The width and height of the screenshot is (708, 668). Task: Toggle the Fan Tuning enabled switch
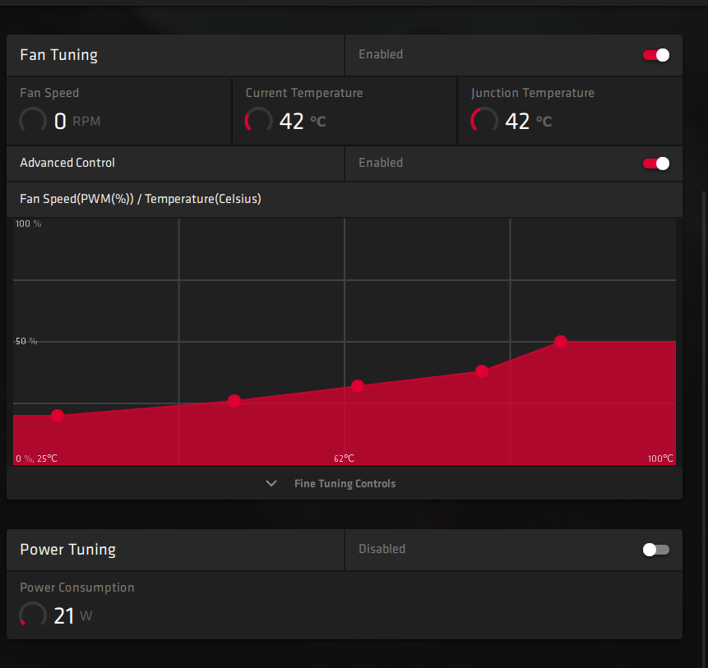coord(656,55)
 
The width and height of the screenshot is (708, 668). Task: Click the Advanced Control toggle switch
coord(656,164)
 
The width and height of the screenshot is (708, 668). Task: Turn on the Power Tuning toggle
coord(656,550)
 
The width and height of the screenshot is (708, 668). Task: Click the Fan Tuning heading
coord(58,55)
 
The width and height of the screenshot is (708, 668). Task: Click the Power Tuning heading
coord(67,550)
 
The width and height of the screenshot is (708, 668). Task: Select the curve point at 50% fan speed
coord(561,342)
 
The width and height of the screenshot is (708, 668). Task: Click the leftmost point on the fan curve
coord(58,416)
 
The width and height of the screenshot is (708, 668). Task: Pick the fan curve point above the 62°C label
coord(358,386)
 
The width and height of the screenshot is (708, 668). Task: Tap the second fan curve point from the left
coord(234,401)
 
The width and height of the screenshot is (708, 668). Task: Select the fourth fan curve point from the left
coord(482,371)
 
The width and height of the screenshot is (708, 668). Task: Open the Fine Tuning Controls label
coord(345,484)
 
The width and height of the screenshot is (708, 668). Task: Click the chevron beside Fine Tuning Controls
coord(271,484)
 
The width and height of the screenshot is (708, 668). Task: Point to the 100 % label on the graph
coord(29,224)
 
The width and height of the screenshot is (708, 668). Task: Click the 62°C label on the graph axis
coord(344,458)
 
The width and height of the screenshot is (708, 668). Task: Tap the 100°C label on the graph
coord(660,458)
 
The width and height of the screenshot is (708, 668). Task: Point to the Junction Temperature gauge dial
coord(484,122)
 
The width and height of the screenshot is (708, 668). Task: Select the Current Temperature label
coord(303,93)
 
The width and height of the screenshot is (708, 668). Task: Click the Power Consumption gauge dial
coord(33,615)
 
